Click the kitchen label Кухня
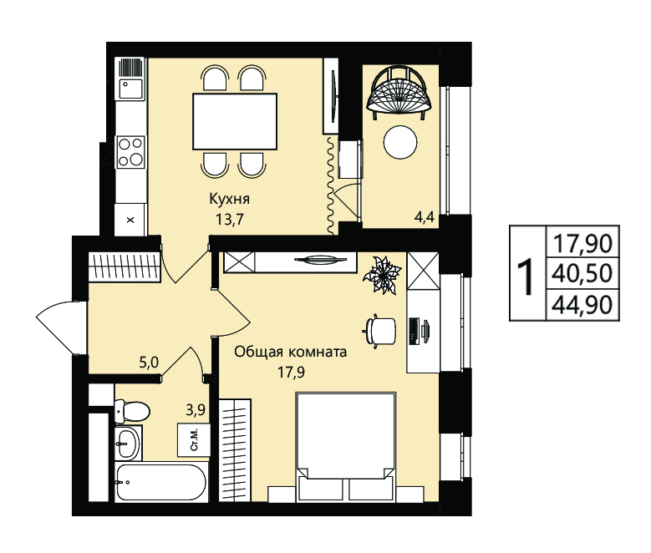click(229, 199)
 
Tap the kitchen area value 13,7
click(229, 219)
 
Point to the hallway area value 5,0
click(149, 363)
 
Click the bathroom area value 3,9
click(196, 410)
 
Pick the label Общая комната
click(291, 352)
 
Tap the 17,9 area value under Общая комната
click(291, 372)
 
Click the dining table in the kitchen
click(235, 121)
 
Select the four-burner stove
click(130, 152)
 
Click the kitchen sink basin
click(131, 89)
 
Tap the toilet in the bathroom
click(130, 411)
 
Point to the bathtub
click(160, 482)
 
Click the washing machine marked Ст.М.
click(194, 440)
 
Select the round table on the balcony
click(399, 142)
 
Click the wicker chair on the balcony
click(399, 93)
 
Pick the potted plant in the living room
click(382, 275)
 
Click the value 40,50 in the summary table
click(583, 273)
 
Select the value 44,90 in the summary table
click(583, 305)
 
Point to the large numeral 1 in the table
click(526, 276)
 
